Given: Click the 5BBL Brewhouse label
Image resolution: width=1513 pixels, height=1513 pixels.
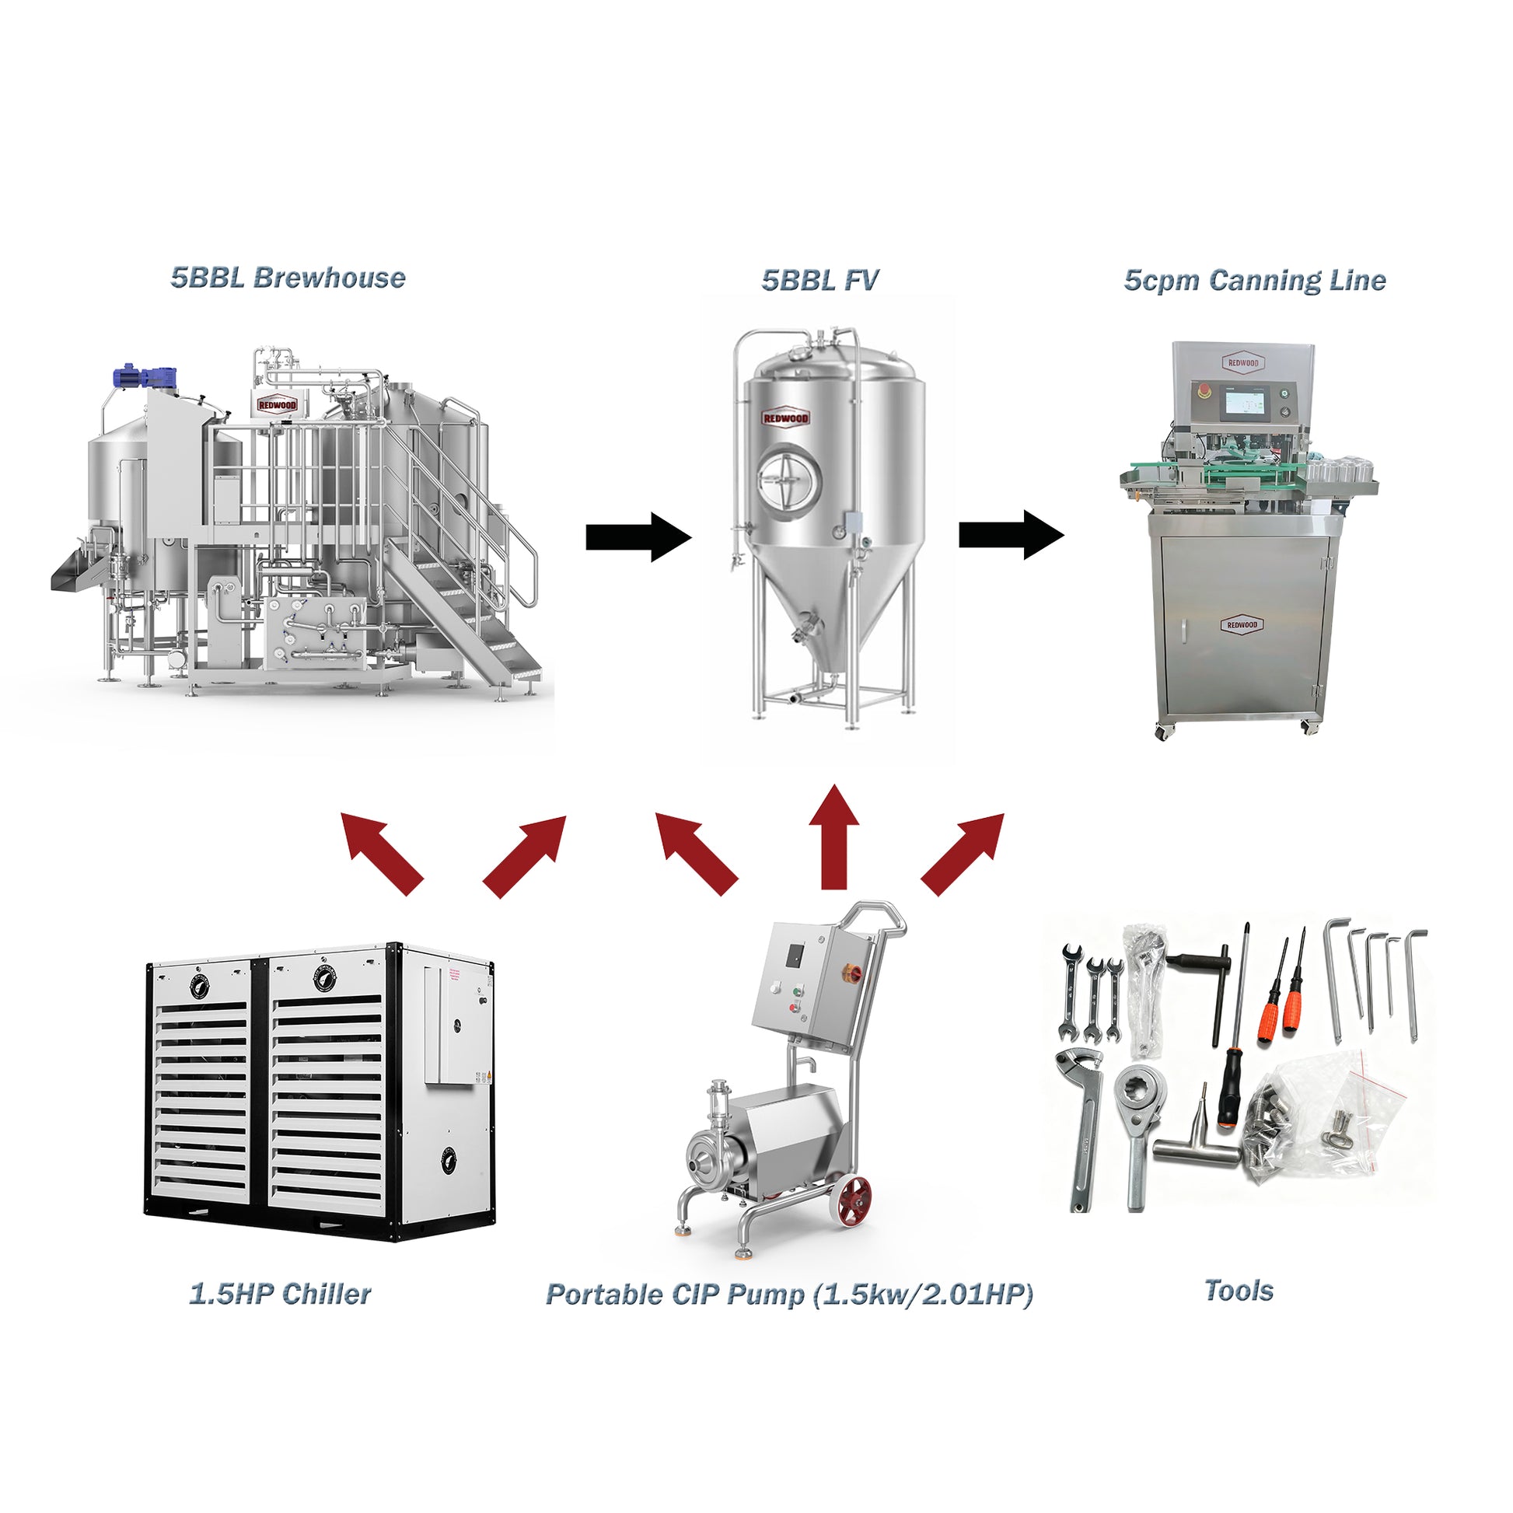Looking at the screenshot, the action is click(288, 278).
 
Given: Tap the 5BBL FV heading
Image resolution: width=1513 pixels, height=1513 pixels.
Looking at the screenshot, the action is click(820, 280).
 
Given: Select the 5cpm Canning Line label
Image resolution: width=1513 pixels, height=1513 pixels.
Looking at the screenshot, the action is click(1255, 281).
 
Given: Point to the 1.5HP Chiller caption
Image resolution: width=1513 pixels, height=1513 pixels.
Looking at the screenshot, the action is click(280, 1294).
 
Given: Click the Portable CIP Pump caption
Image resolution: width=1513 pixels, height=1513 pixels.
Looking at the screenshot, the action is click(789, 1295).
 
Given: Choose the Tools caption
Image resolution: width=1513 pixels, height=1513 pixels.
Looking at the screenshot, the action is click(1238, 1291).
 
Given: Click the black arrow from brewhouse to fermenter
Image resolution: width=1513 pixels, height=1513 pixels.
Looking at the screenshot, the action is click(639, 537).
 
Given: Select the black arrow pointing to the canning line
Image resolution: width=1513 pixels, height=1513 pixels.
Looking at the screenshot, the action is click(1012, 535).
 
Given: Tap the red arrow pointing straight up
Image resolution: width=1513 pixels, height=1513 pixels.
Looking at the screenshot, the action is click(834, 837).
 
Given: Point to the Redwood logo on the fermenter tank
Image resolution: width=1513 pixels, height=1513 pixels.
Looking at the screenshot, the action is click(785, 418).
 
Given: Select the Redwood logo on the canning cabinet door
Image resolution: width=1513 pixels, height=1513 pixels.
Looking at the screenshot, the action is click(1242, 624).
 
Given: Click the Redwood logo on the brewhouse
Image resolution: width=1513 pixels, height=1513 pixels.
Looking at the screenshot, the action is click(278, 404).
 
